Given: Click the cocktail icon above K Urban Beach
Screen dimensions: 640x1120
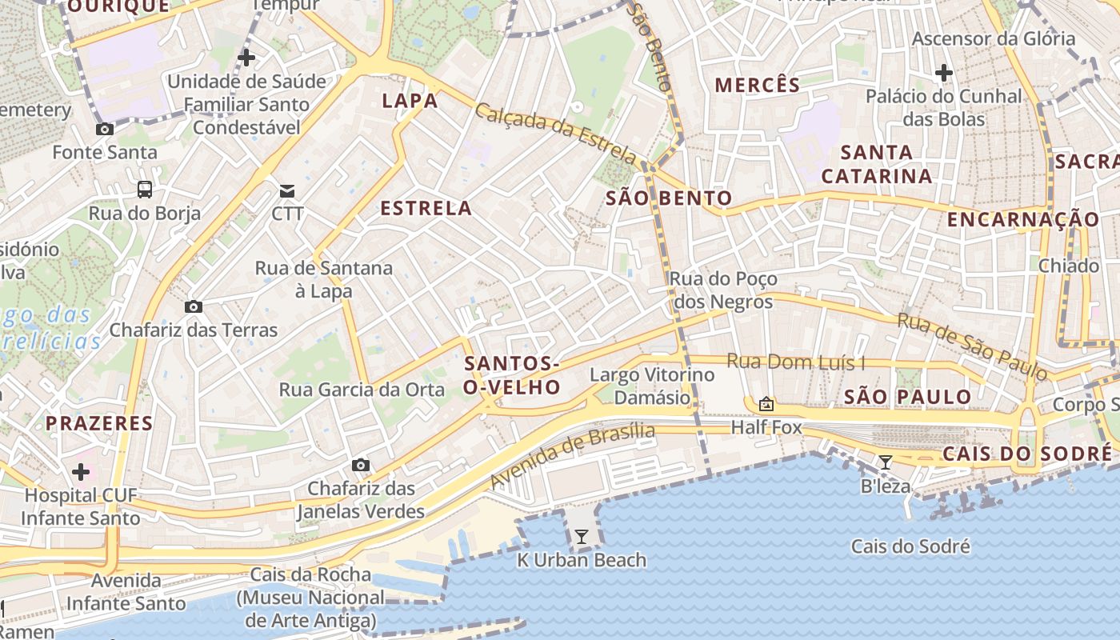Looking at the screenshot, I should click(x=582, y=537).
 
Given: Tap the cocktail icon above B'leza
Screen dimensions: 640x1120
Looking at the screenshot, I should click(x=886, y=462).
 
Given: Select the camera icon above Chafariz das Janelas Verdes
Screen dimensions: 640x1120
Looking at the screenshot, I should click(x=361, y=466).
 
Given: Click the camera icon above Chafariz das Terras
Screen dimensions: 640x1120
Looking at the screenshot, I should click(x=193, y=307).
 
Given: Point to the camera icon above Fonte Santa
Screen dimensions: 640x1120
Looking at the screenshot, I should click(x=104, y=130).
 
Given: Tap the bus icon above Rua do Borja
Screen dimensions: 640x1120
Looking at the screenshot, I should click(x=145, y=190).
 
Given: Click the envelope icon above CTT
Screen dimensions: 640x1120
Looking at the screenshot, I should click(x=286, y=190).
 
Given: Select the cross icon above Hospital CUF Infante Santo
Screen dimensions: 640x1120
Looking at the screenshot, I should click(x=81, y=472).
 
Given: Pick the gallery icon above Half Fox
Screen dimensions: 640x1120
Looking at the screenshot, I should click(x=766, y=404).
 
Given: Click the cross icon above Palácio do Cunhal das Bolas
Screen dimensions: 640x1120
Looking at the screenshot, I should click(x=944, y=74).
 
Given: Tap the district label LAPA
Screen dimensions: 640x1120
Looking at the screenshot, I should click(x=410, y=101).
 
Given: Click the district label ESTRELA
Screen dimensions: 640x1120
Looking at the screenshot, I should click(x=426, y=209).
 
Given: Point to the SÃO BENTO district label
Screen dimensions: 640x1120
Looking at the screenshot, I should click(x=669, y=198).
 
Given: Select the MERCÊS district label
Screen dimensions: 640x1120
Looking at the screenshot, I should click(x=758, y=86).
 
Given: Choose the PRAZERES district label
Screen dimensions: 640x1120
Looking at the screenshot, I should click(x=99, y=423).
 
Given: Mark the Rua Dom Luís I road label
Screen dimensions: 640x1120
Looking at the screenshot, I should click(x=796, y=362).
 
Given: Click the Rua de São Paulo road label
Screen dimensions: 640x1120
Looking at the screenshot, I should click(x=972, y=346).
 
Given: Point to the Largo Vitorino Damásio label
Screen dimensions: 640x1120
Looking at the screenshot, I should click(x=652, y=386).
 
